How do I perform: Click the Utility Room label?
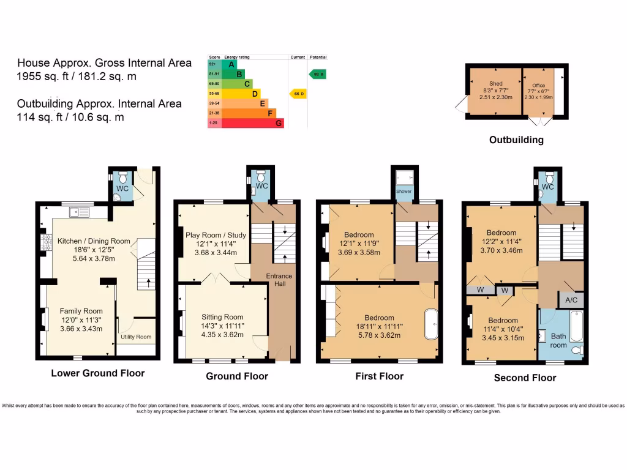coord(136,337)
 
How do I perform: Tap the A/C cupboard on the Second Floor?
coord(571,300)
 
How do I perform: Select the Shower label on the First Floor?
coord(404,191)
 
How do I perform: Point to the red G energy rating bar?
coord(252,123)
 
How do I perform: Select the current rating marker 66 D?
coord(298,94)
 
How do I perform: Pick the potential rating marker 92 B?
coord(318,74)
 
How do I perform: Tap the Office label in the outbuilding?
coord(538,86)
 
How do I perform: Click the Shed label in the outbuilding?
coord(495,83)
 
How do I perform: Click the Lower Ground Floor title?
coord(98,373)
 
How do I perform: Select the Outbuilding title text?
coord(516,140)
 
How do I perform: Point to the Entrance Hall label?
coord(279,280)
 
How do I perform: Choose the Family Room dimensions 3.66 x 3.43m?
coord(78,329)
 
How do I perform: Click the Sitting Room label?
coord(222,317)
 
